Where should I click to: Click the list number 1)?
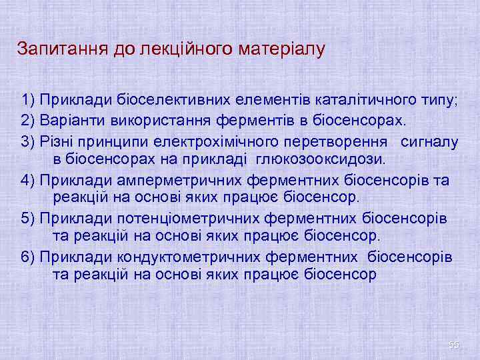click(x=28, y=101)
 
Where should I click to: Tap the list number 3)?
click(x=28, y=141)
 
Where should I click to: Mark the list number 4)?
click(x=28, y=180)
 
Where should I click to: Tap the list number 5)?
click(x=28, y=219)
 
